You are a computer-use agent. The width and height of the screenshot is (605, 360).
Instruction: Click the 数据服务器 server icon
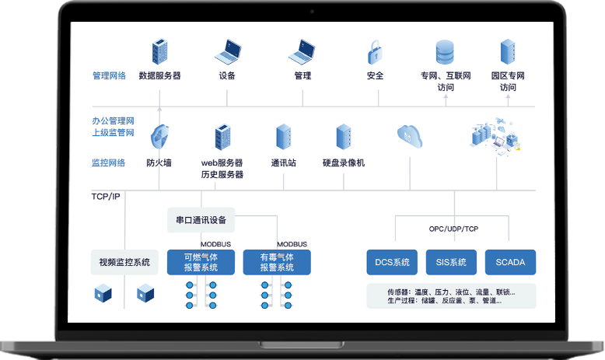[x=160, y=53]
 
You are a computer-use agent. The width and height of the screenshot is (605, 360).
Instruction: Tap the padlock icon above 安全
[x=375, y=53]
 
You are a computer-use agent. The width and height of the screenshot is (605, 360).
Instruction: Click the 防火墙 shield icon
[x=159, y=138]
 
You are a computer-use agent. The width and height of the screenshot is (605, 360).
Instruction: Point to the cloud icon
[x=409, y=136]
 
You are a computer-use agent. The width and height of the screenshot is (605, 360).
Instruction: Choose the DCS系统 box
[x=392, y=262]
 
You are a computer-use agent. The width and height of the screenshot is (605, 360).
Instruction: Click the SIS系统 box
[x=451, y=262]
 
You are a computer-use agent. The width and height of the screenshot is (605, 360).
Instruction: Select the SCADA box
[x=510, y=262]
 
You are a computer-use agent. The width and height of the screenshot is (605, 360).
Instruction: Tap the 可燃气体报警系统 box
[x=201, y=262]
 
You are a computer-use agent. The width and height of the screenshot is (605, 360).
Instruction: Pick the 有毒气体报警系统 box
[x=277, y=262]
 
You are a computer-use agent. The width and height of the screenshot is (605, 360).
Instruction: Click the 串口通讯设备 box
[x=201, y=219]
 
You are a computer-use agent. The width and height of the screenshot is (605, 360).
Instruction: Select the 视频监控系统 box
[x=124, y=262]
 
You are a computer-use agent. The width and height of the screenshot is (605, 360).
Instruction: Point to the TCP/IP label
[x=106, y=197]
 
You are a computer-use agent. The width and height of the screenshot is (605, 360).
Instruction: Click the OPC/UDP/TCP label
[x=453, y=229]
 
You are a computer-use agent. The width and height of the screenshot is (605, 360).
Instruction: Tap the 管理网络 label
[x=108, y=76]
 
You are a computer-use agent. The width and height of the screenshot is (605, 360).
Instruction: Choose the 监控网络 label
[x=108, y=163]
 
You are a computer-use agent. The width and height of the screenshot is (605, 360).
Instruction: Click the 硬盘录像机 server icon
[x=343, y=137]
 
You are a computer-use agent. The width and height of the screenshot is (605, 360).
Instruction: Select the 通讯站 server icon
[x=284, y=137]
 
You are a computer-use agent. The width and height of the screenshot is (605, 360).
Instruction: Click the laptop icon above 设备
[x=228, y=53]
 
